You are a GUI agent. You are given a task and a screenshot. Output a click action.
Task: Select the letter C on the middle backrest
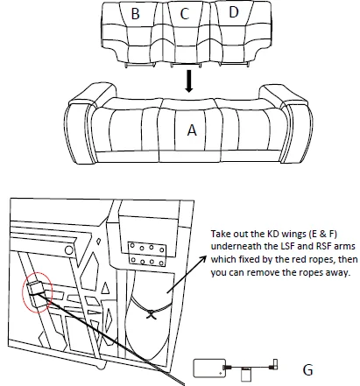click(184, 14)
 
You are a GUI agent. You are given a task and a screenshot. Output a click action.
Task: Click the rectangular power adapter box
click(209, 368)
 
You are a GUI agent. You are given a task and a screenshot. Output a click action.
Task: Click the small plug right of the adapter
click(272, 364)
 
